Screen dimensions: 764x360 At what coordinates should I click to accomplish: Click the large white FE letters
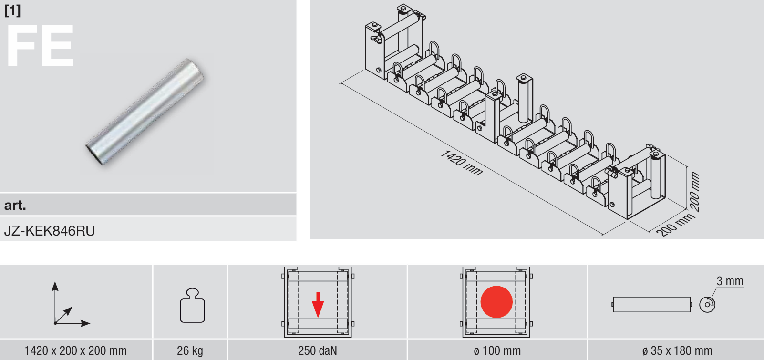pyautogui.click(x=40, y=46)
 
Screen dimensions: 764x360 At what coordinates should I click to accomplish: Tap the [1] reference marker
pyautogui.click(x=12, y=10)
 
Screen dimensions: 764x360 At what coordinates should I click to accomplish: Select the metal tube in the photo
pyautogui.click(x=145, y=112)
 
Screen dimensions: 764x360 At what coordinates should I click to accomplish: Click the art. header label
pyautogui.click(x=15, y=205)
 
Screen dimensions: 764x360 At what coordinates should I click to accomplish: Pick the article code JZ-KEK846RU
pyautogui.click(x=50, y=231)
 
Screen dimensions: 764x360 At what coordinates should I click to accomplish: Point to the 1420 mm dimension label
pyautogui.click(x=462, y=163)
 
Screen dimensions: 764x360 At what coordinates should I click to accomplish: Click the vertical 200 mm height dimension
pyautogui.click(x=695, y=191)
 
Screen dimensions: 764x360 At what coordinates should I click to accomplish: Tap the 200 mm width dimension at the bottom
pyautogui.click(x=675, y=225)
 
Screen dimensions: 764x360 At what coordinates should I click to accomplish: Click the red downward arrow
pyautogui.click(x=318, y=304)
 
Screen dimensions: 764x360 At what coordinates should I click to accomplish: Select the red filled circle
pyautogui.click(x=496, y=302)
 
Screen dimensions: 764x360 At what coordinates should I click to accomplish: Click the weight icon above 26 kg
pyautogui.click(x=192, y=306)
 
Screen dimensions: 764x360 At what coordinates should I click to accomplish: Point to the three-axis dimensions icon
pyautogui.click(x=71, y=304)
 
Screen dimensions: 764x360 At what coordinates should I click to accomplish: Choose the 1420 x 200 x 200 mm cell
pyautogui.click(x=76, y=350)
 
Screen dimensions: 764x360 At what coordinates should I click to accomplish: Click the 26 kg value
pyautogui.click(x=190, y=350)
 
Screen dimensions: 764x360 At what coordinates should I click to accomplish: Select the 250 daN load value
pyautogui.click(x=318, y=350)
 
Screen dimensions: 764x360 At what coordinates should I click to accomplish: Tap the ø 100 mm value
pyautogui.click(x=497, y=350)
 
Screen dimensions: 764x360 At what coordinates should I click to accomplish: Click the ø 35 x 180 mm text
pyautogui.click(x=677, y=350)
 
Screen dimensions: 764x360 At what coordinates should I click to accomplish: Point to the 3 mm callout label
pyautogui.click(x=730, y=281)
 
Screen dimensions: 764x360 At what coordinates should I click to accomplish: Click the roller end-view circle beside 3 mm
pyautogui.click(x=707, y=304)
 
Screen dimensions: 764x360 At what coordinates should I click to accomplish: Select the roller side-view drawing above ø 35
pyautogui.click(x=652, y=304)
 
